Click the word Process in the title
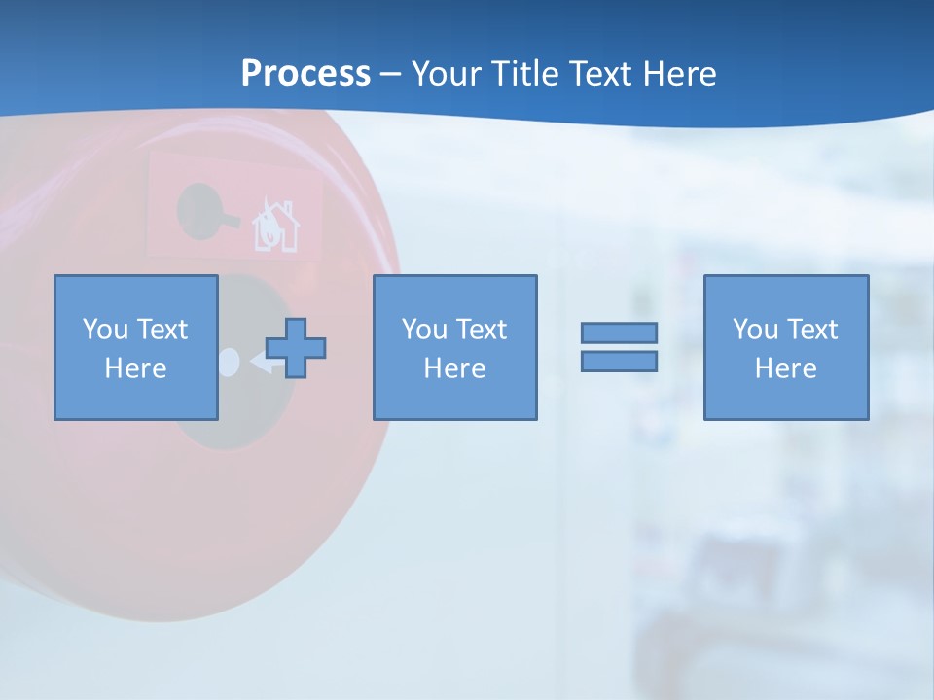[x=305, y=74]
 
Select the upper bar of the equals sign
[x=619, y=332]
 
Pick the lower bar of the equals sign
[x=619, y=361]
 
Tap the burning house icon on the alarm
[x=275, y=227]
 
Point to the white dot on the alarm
[x=229, y=362]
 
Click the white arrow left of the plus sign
[x=260, y=363]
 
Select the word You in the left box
[x=104, y=330]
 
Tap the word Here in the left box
[x=135, y=368]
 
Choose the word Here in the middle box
[x=454, y=368]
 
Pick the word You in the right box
[x=755, y=330]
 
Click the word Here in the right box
[x=785, y=368]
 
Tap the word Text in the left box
[x=162, y=330]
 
